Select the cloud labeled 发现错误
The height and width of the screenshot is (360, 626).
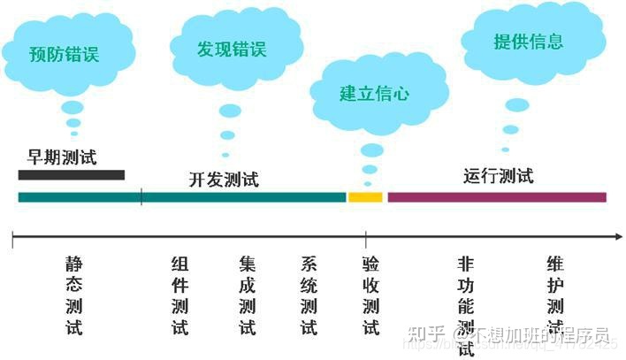click(232, 48)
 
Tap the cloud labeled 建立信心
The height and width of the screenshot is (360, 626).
click(374, 93)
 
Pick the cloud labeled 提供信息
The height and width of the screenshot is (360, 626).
click(528, 42)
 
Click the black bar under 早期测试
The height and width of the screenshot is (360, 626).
click(72, 174)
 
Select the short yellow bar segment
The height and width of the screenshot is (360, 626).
click(365, 196)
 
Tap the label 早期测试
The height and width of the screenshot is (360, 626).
click(61, 157)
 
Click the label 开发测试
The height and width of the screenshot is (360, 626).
click(224, 179)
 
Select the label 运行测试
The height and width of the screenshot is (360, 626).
click(499, 175)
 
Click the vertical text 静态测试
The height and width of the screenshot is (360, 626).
click(73, 295)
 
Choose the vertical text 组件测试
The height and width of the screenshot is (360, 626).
click(179, 295)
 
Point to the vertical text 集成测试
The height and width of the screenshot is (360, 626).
click(247, 295)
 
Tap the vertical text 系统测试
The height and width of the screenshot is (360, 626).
click(309, 295)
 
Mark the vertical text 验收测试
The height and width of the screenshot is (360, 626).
click(370, 295)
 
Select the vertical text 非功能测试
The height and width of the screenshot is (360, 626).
click(466, 305)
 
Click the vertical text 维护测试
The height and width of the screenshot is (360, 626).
click(555, 295)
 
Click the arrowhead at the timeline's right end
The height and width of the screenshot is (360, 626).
click(617, 236)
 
